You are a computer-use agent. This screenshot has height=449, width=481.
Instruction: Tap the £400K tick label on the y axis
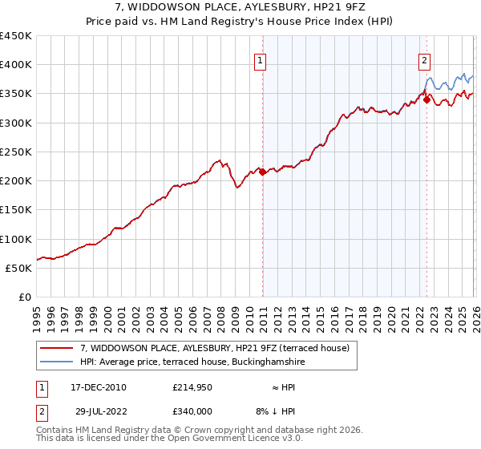16,65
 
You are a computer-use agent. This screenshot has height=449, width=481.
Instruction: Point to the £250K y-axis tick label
16,152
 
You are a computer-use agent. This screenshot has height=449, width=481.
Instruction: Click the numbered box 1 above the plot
261,59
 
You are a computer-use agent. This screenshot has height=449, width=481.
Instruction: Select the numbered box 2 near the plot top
424,59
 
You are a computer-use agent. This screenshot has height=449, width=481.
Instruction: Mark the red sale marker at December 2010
262,172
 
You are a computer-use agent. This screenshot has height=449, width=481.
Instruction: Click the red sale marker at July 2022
426,99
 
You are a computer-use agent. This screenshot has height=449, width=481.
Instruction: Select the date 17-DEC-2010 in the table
99,387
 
